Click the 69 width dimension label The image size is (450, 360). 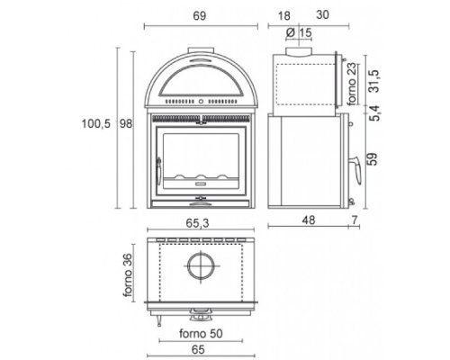click(200, 16)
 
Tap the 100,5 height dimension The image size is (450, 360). click(96, 123)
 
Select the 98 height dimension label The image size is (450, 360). click(126, 123)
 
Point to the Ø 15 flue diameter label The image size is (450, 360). click(299, 32)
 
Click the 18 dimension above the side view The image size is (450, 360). click(284, 16)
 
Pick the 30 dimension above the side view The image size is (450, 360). click(322, 15)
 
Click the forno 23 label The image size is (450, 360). click(352, 84)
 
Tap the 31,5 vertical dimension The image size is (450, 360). click(374, 81)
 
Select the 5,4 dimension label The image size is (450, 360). click(374, 113)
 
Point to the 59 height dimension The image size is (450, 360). click(372, 159)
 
